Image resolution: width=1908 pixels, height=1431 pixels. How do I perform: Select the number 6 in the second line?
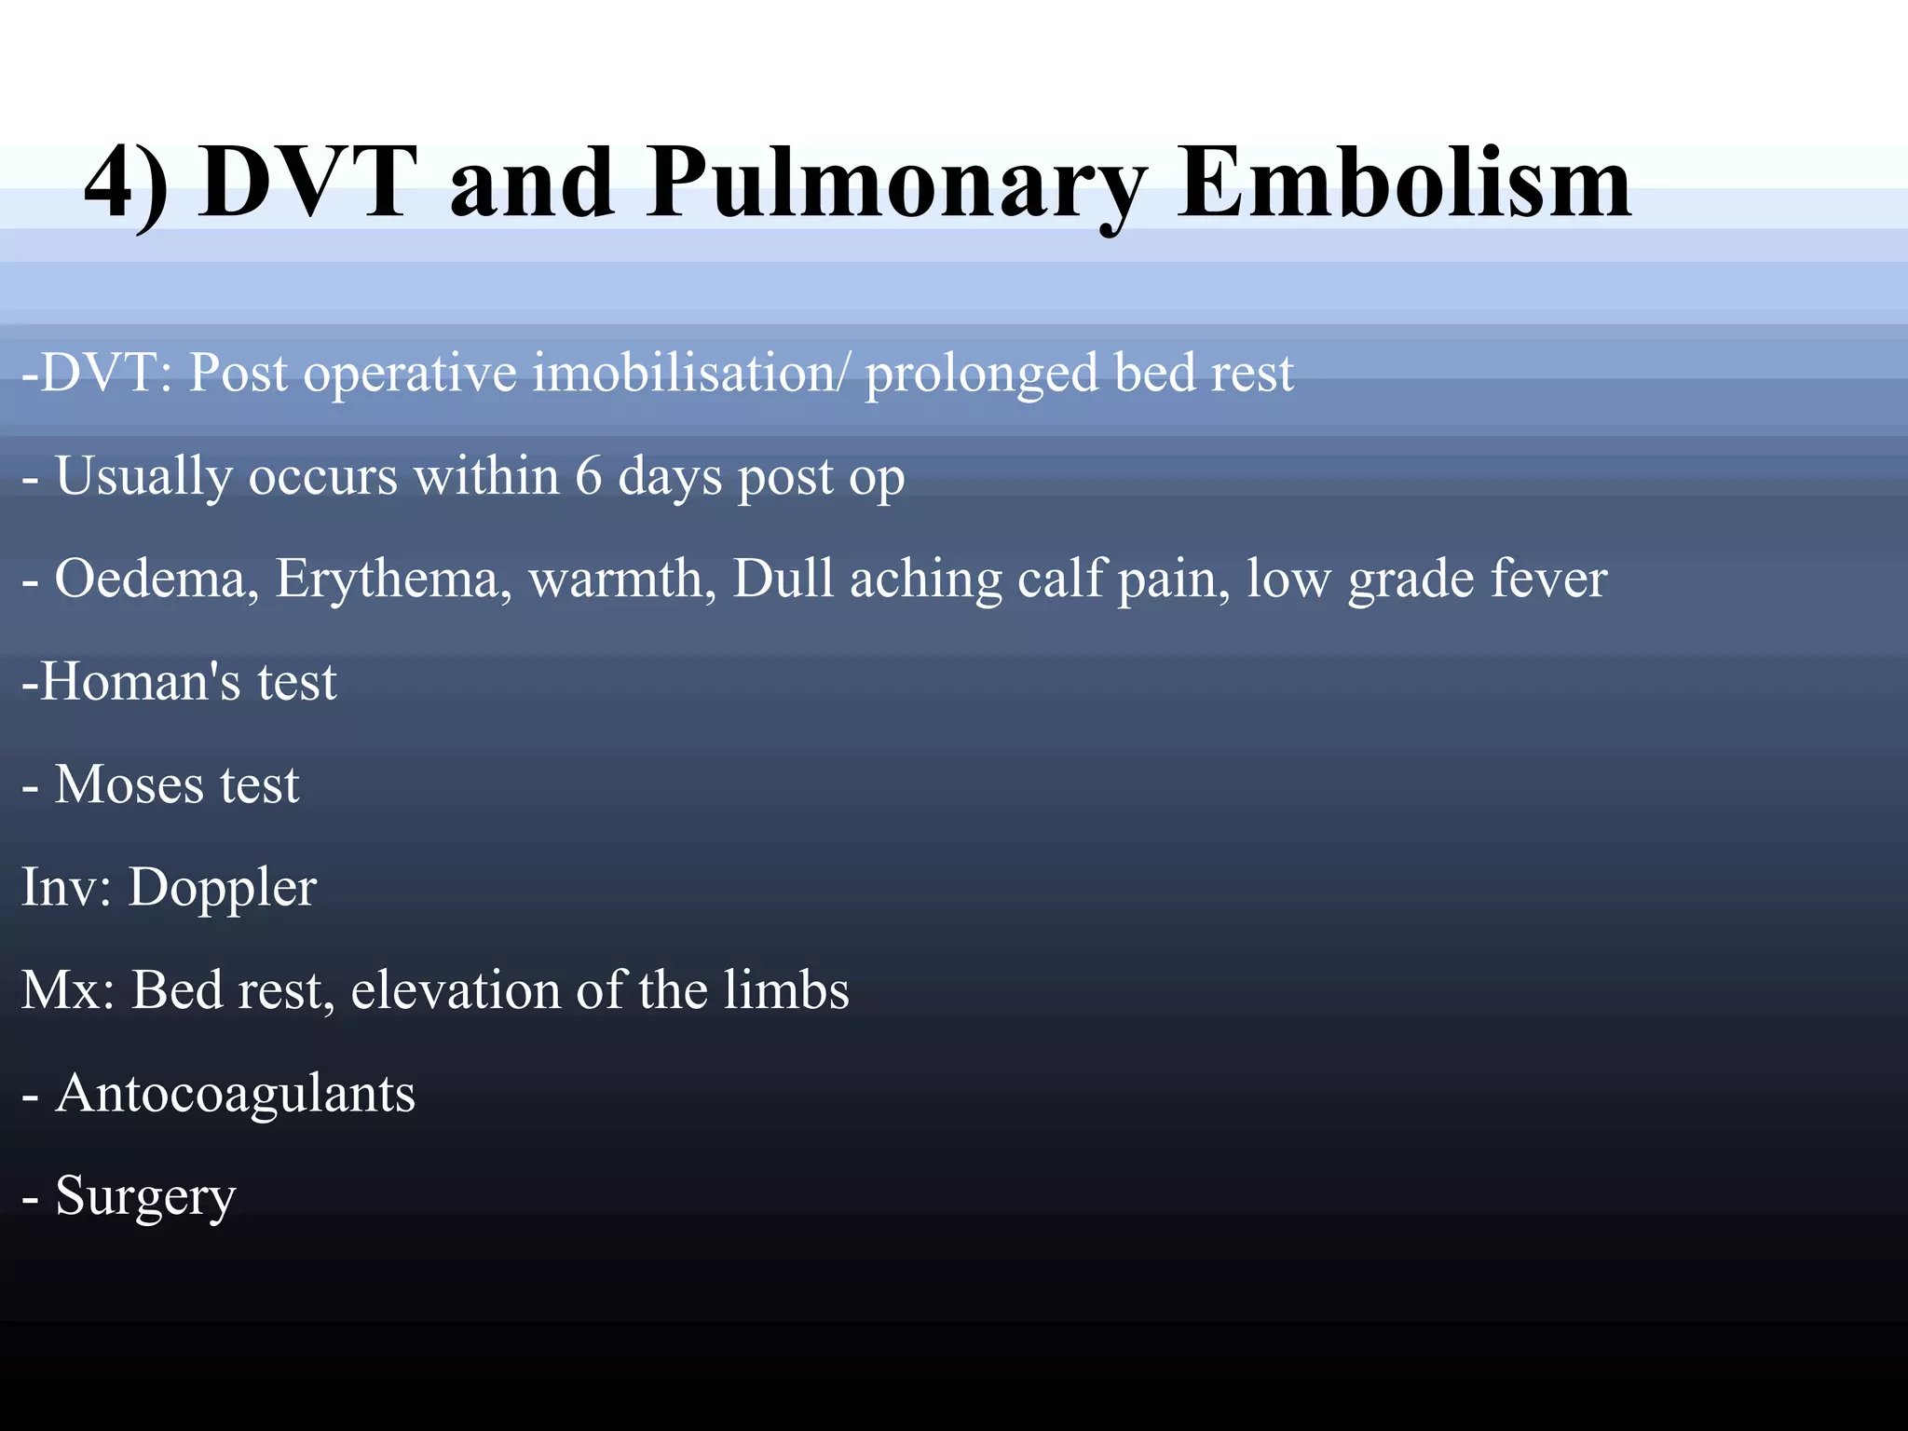coord(588,476)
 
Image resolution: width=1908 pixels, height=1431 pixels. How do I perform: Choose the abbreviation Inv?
coord(66,887)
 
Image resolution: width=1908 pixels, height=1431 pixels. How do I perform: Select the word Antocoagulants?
coord(235,1094)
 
